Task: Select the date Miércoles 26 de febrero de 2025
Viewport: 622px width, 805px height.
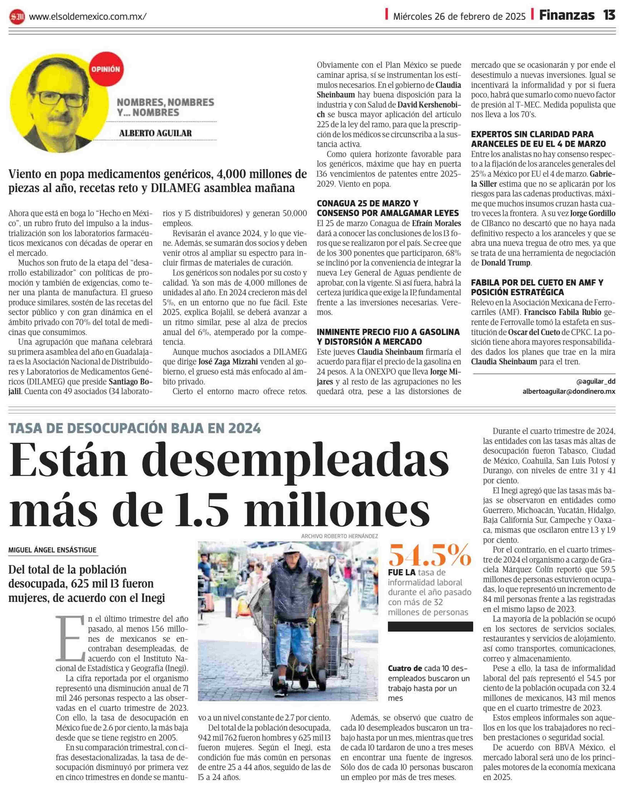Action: coord(459,16)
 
